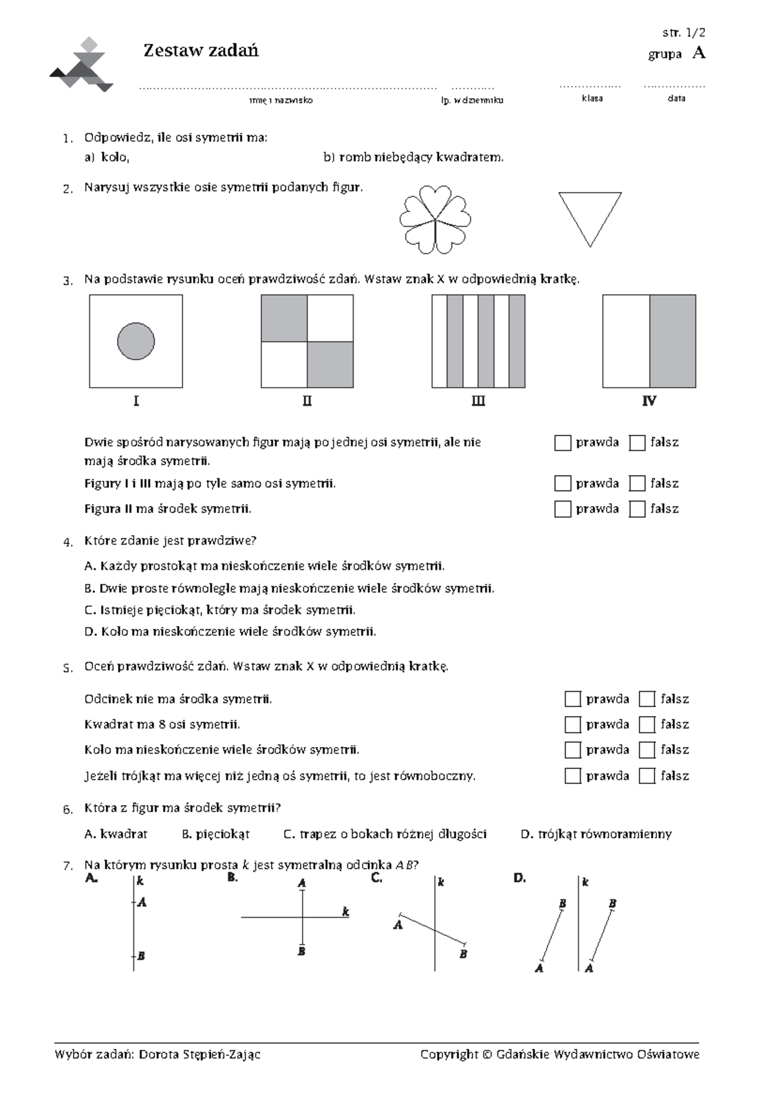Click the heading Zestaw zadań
tap(200, 50)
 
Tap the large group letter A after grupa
tap(698, 53)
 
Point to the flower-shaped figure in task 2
tap(435, 220)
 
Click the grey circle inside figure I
tap(136, 341)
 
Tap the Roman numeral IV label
tap(649, 401)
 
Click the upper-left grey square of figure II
tap(284, 318)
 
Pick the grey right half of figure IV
tap(672, 341)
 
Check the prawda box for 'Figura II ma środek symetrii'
tap(563, 509)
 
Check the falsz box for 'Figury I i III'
tap(637, 484)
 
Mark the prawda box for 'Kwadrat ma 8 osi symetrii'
tap(573, 724)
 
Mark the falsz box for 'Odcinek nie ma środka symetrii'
tap(647, 699)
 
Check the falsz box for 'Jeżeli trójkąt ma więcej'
tap(647, 776)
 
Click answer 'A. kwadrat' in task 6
tap(116, 834)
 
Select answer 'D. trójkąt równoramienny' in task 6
tap(596, 834)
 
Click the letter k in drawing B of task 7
tap(346, 912)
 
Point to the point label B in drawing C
tap(463, 954)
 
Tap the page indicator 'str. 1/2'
tap(684, 33)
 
